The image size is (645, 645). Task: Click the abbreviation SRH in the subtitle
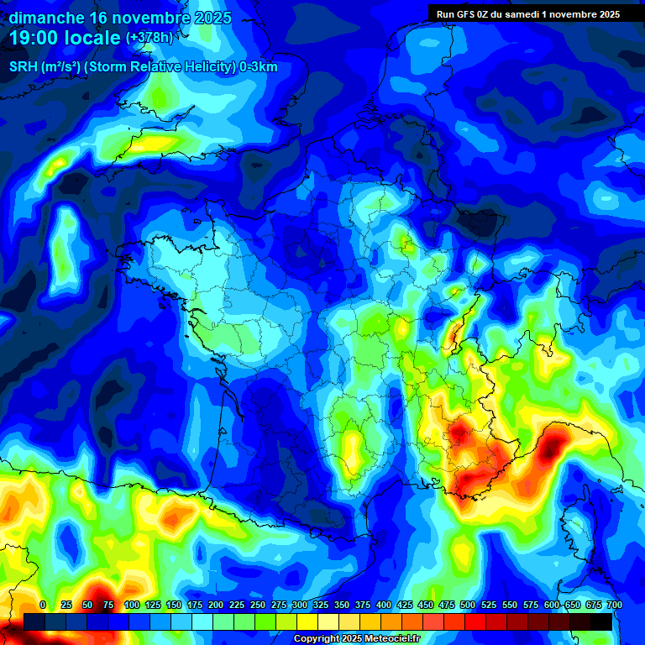24,67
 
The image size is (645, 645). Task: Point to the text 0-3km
258,67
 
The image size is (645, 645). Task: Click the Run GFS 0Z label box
528,13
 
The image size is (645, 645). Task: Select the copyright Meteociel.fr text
356,639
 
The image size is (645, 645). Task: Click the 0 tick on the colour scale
43,605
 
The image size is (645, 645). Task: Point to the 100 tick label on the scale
131,605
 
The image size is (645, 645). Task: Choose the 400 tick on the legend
383,605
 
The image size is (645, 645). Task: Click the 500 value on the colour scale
467,605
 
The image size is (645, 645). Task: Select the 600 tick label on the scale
551,605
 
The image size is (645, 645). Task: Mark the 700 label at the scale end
614,605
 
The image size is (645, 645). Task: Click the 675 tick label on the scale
593,605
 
